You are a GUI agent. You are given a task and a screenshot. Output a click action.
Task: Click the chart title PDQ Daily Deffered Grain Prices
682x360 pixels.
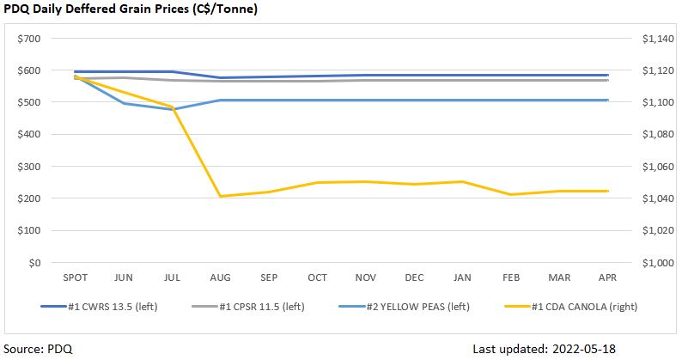131,9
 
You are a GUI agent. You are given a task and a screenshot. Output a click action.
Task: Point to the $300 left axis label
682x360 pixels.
29,167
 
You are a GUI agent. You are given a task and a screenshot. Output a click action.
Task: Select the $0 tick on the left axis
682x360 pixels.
35,263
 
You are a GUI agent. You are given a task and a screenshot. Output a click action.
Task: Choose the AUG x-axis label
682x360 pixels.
221,278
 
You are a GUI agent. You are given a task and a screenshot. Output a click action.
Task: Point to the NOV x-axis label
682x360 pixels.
366,278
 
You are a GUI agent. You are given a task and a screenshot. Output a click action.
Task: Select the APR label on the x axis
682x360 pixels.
607,278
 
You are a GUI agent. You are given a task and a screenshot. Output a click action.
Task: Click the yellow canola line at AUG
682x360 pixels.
221,197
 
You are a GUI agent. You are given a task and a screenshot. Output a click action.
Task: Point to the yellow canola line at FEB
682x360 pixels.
511,194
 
